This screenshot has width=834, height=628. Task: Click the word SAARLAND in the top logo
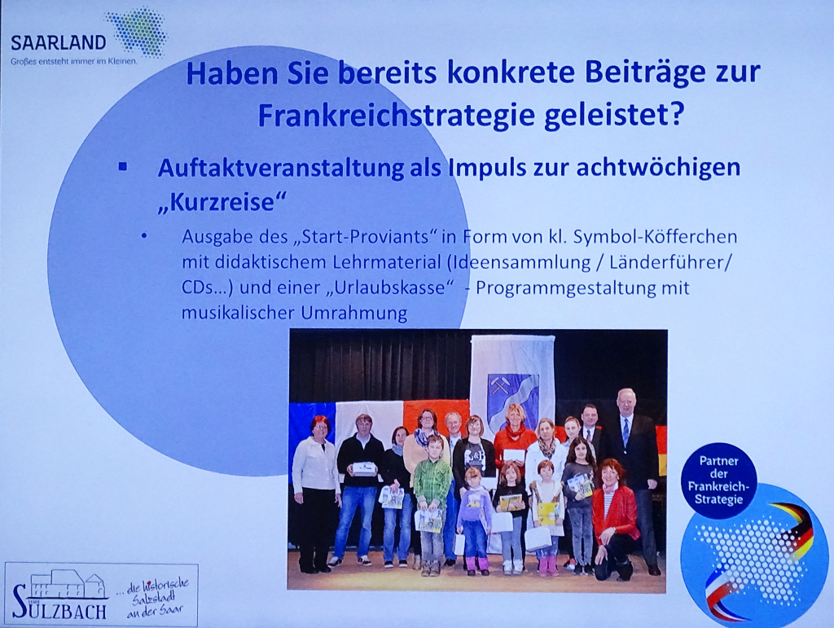pos(59,43)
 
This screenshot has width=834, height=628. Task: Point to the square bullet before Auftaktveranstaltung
pos(123,166)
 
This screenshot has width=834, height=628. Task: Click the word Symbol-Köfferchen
pos(656,236)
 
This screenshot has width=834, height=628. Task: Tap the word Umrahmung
pos(354,313)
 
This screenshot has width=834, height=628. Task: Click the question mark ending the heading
pos(675,114)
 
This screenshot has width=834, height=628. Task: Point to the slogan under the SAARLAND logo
pos(74,62)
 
